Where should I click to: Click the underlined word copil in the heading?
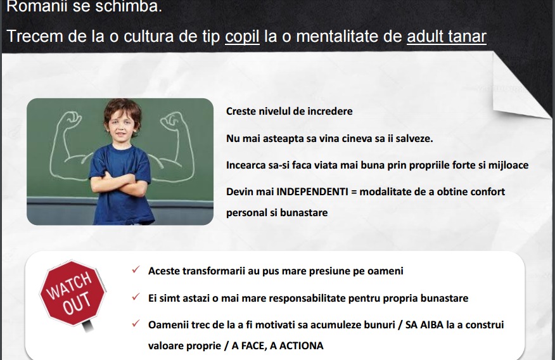pos(242,37)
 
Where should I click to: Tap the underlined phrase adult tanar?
pos(447,37)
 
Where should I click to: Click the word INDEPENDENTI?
pos(312,192)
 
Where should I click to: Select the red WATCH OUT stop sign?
pos(73,294)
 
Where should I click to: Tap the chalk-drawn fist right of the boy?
pos(172,120)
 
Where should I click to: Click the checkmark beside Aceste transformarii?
pos(136,269)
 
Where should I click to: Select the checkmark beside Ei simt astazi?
pos(136,297)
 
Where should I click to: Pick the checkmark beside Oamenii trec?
pos(136,323)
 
